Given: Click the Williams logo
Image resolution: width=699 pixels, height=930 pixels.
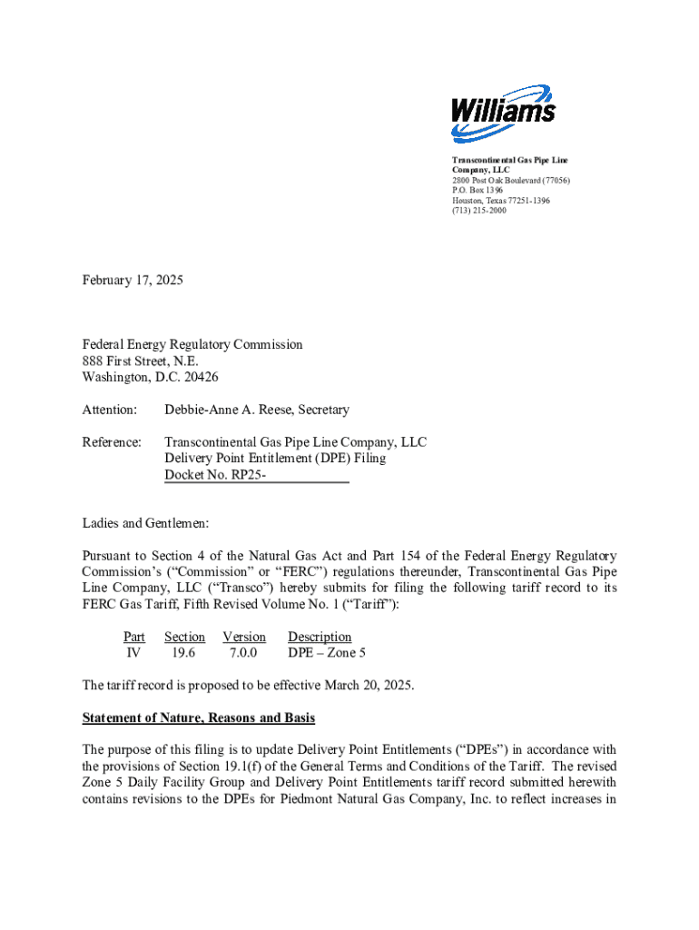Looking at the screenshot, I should tap(503, 113).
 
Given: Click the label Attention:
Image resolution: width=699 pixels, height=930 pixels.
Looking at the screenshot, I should tap(110, 411).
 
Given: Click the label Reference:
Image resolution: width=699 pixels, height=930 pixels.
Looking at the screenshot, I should tap(112, 442).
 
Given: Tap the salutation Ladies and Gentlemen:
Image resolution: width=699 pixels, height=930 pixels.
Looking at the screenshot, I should tap(146, 523).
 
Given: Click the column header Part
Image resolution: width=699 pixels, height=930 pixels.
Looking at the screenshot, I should tap(134, 637).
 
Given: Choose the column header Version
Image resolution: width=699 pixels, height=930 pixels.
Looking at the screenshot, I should tap(244, 637).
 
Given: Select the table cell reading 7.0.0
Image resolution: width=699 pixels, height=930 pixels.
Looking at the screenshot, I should tap(244, 653).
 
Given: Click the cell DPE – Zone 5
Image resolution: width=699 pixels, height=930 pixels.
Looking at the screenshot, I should tap(327, 653).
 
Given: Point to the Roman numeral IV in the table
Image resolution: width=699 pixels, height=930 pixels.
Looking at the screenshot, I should tap(133, 653).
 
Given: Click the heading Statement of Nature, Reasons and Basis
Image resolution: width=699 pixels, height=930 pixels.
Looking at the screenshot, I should tap(199, 718).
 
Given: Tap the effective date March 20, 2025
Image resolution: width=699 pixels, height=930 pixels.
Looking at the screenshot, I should tap(367, 686).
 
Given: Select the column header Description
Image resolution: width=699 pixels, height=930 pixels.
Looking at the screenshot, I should tap(320, 637).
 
